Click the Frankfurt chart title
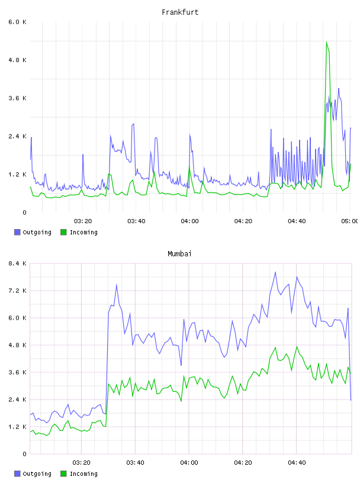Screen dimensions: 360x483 pyautogui.click(x=180, y=12)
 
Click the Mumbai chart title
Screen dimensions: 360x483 pyautogui.click(x=179, y=254)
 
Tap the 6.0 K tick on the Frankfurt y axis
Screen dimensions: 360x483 pyautogui.click(x=18, y=22)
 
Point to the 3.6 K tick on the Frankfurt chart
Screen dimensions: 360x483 pyautogui.click(x=18, y=98)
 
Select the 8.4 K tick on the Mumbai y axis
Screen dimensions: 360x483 pyautogui.click(x=18, y=263)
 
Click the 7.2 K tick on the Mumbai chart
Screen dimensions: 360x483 pyautogui.click(x=18, y=291)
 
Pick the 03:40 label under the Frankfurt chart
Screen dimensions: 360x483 pyautogui.click(x=136, y=221)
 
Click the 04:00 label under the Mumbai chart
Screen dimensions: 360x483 pyautogui.click(x=189, y=462)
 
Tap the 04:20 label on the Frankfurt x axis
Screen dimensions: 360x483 pyautogui.click(x=243, y=221)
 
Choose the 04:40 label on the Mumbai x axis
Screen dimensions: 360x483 pyautogui.click(x=297, y=462)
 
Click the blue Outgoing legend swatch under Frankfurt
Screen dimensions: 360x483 pyautogui.click(x=17, y=232)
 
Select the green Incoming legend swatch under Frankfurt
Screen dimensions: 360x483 pyautogui.click(x=63, y=232)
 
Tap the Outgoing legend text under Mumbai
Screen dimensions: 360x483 pyautogui.click(x=37, y=474)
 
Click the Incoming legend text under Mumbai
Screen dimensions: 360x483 pyautogui.click(x=83, y=474)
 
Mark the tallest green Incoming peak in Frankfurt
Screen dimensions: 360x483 pyautogui.click(x=327, y=42)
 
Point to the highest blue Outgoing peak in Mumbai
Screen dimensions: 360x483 pyautogui.click(x=275, y=272)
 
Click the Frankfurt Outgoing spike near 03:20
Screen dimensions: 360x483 pyautogui.click(x=83, y=154)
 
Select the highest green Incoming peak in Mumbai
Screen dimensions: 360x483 pyautogui.click(x=297, y=346)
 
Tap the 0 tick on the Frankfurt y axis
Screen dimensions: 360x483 pyautogui.click(x=24, y=212)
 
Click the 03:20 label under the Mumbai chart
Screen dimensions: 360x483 pyautogui.click(x=81, y=462)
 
